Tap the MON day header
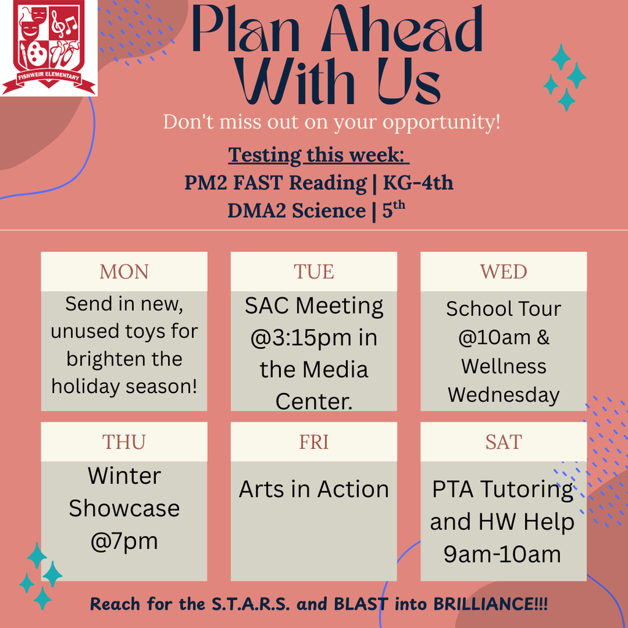click(124, 272)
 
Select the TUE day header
click(313, 272)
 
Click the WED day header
click(503, 272)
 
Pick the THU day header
click(124, 442)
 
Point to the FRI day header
click(313, 442)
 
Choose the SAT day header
click(503, 442)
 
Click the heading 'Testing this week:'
click(318, 155)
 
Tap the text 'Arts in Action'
click(313, 489)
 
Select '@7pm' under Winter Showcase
click(124, 541)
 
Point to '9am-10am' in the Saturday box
click(502, 554)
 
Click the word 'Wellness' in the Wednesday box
click(503, 366)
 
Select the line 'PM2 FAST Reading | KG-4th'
click(318, 183)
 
